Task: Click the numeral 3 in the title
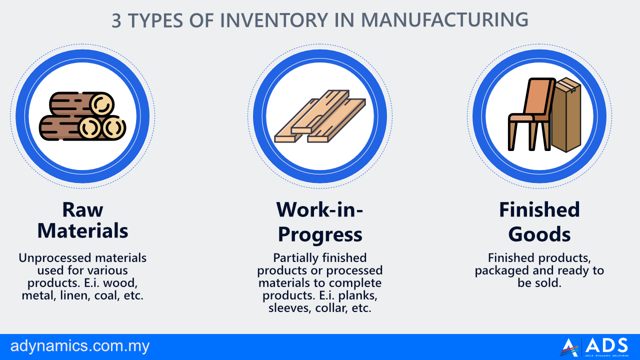point(116,20)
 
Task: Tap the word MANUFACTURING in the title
point(444,20)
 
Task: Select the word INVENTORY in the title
point(273,20)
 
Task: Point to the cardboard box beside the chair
point(566,114)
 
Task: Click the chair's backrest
point(538,96)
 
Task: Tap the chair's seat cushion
point(521,117)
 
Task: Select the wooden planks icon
point(320,116)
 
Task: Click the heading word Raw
point(82,210)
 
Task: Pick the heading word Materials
point(82,231)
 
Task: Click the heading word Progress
point(320,235)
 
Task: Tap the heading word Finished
point(539,210)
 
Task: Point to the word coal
point(105,295)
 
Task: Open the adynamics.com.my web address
point(80,346)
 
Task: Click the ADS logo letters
point(606,345)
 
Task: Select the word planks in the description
point(358,295)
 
